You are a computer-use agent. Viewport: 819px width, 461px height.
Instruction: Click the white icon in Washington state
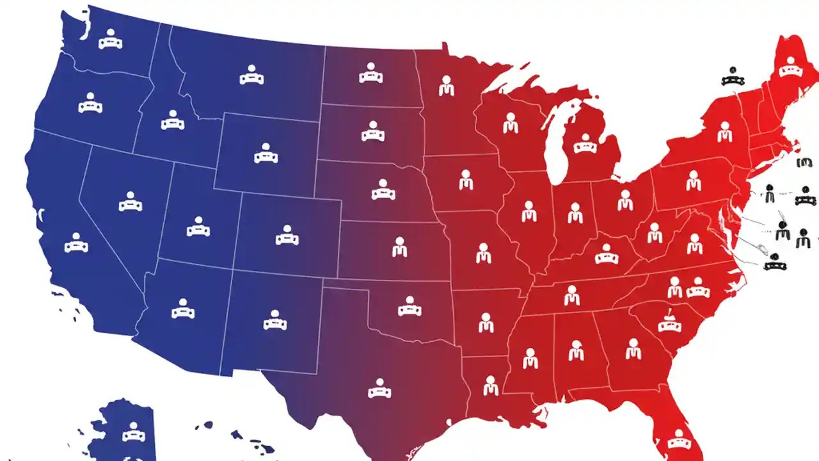(110, 40)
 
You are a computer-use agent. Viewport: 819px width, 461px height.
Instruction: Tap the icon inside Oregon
(90, 103)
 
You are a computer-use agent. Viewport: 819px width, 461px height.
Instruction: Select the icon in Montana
(251, 76)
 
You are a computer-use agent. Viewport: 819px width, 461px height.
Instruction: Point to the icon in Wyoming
(266, 154)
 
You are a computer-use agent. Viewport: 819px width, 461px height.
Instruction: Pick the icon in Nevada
(131, 202)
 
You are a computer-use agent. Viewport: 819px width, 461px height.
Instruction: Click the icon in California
(76, 243)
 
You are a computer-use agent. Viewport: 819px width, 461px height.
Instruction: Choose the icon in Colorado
(287, 235)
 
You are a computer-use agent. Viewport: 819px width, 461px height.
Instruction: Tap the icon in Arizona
(183, 309)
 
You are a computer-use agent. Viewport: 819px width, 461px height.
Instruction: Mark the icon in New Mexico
(275, 320)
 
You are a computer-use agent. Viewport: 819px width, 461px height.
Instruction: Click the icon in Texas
(379, 388)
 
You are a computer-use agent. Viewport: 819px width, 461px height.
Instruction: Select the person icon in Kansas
(399, 247)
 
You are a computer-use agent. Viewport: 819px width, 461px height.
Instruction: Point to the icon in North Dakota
(370, 74)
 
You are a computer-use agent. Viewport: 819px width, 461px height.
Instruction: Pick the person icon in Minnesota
(447, 86)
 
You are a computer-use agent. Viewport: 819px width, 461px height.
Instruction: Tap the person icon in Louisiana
(490, 385)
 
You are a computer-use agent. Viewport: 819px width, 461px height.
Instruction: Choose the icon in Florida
(679, 439)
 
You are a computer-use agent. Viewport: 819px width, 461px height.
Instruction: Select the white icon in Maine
(791, 66)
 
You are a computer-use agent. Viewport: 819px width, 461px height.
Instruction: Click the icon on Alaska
(133, 432)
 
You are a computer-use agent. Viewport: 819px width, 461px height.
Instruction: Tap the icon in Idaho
(172, 120)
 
